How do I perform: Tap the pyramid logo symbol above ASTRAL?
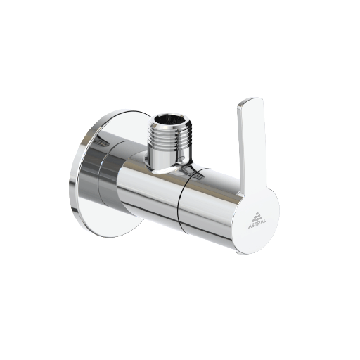pos(257,211)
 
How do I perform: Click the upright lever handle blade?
pos(250,148)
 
